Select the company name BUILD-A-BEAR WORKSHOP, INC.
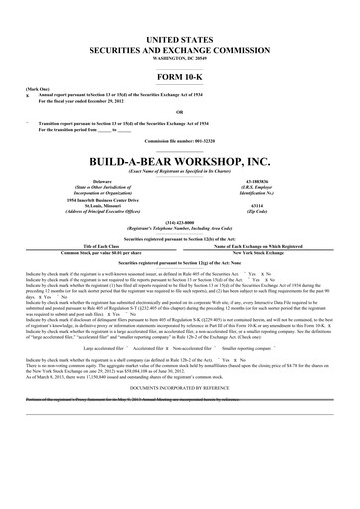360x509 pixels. pyautogui.click(x=179, y=159)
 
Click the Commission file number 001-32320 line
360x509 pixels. pyautogui.click(x=179, y=141)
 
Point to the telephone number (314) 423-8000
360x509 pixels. pyautogui.click(x=179, y=222)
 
